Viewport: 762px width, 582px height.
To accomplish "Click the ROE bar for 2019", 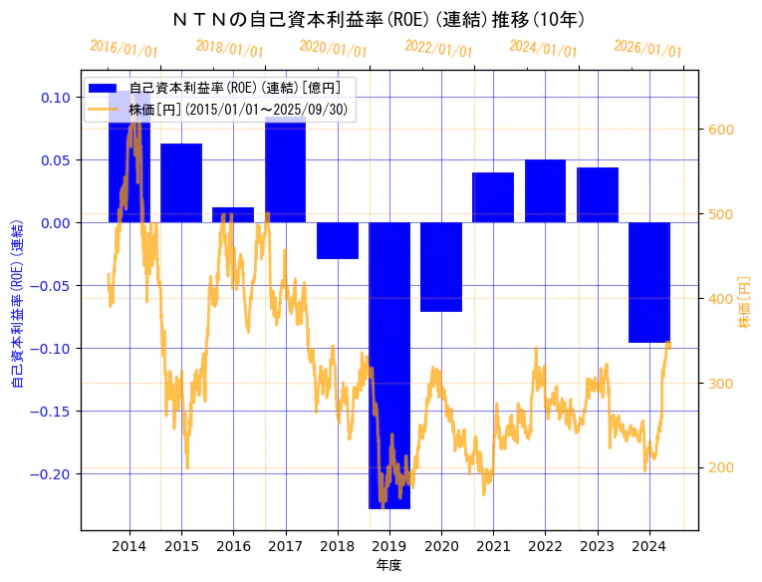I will (389, 365).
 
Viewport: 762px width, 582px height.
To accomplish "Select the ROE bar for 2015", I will (181, 182).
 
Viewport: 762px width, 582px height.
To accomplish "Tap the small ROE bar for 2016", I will (233, 214).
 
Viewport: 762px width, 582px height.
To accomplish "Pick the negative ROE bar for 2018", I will (338, 240).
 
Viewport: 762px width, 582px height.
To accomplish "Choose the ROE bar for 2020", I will (441, 267).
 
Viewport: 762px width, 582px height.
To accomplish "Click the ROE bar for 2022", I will (545, 190).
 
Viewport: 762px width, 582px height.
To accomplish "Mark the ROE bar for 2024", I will (649, 282).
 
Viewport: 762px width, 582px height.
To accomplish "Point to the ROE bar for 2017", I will (285, 169).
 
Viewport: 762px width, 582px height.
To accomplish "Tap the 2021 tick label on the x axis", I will (493, 546).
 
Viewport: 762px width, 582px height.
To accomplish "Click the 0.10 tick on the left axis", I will (57, 97).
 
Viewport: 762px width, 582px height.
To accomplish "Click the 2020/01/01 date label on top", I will (334, 49).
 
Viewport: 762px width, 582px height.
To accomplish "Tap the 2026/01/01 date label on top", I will (648, 49).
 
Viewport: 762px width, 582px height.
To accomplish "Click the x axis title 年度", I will (389, 565).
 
